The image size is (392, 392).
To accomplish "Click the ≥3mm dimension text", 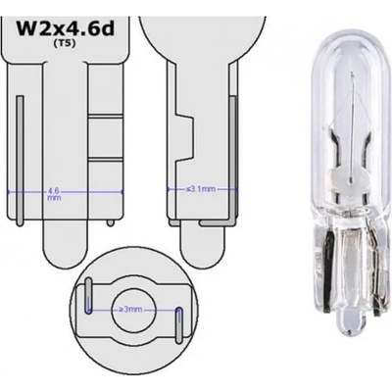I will click(129, 310).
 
